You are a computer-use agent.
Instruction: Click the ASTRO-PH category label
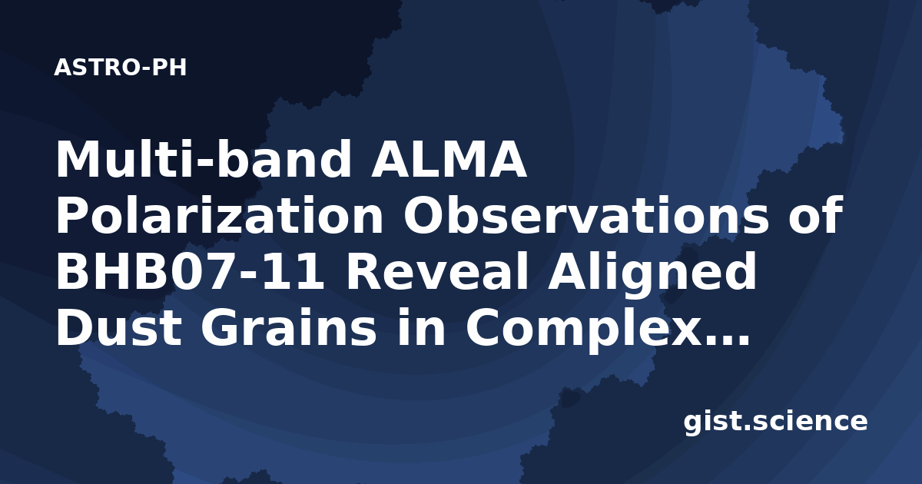pos(120,68)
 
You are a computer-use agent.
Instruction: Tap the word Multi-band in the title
pos(204,159)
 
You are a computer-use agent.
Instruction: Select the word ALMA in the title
pos(449,160)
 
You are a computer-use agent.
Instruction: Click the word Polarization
pos(220,215)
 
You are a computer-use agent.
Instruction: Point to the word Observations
pos(586,215)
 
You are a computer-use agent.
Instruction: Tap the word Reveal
pos(436,271)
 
